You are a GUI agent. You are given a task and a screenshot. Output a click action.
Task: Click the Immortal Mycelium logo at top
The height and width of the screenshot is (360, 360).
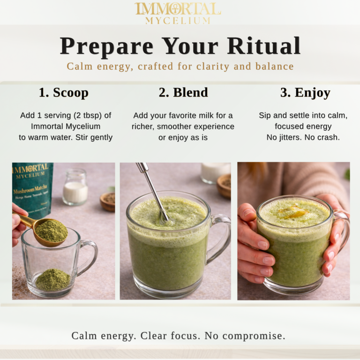178,13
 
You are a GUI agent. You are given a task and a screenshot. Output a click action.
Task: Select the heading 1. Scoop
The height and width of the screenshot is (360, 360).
63,92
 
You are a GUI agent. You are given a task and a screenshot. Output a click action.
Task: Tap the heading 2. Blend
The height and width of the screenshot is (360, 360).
183,92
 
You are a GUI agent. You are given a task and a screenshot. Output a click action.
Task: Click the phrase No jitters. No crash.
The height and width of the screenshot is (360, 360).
303,138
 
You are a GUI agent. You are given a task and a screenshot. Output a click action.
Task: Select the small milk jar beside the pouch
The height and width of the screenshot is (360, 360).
75,187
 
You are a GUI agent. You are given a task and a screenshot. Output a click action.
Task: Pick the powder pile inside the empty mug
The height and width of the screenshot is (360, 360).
52,280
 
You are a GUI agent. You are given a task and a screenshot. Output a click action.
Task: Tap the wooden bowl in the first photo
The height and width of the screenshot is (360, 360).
107,201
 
